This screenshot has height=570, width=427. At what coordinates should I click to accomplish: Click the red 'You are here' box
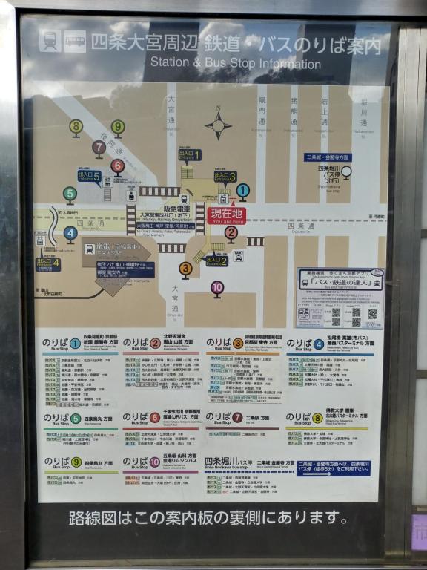tap(226, 216)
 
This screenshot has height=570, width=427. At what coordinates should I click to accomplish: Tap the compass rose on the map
tap(219, 125)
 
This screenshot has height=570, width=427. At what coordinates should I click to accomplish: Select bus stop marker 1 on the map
tap(243, 190)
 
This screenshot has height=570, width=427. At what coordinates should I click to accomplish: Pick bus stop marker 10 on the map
tap(217, 286)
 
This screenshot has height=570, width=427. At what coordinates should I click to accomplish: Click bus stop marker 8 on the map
tap(76, 127)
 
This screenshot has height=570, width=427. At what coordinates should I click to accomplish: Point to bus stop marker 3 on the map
tap(185, 269)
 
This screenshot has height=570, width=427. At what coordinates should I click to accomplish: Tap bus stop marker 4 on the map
tap(70, 233)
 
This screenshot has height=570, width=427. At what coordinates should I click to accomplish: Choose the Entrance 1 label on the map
tap(190, 154)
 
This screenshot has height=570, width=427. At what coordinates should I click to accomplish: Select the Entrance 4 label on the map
tap(47, 262)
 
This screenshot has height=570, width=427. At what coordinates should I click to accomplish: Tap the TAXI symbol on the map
tap(239, 255)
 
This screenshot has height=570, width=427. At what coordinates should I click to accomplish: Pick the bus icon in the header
tap(75, 41)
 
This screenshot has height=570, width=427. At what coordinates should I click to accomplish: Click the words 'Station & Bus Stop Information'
tap(236, 64)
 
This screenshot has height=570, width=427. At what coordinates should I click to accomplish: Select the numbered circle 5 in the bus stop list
tap(76, 419)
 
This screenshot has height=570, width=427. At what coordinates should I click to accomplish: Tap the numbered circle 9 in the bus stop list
tap(76, 462)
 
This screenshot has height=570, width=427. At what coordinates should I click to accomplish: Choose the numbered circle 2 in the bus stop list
tap(156, 344)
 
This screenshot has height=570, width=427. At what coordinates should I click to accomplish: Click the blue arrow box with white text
tap(332, 468)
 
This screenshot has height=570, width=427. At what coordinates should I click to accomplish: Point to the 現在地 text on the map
tap(226, 212)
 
